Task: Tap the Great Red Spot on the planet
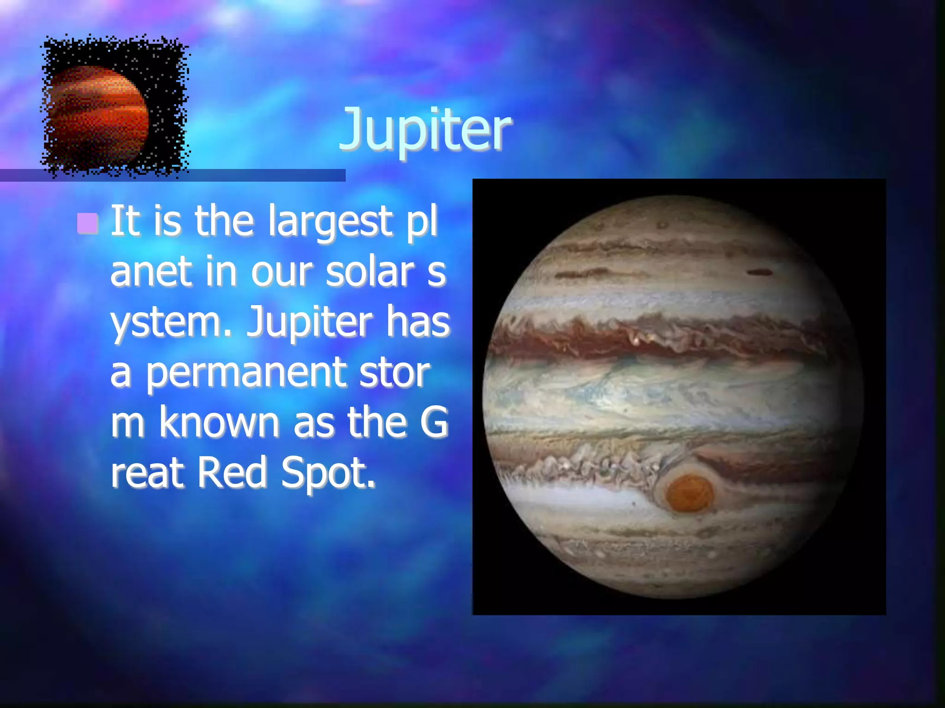[x=689, y=494]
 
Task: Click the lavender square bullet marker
[x=87, y=224]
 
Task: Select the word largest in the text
[x=330, y=222]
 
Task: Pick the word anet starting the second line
[x=151, y=272]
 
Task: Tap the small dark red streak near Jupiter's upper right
[x=760, y=272]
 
